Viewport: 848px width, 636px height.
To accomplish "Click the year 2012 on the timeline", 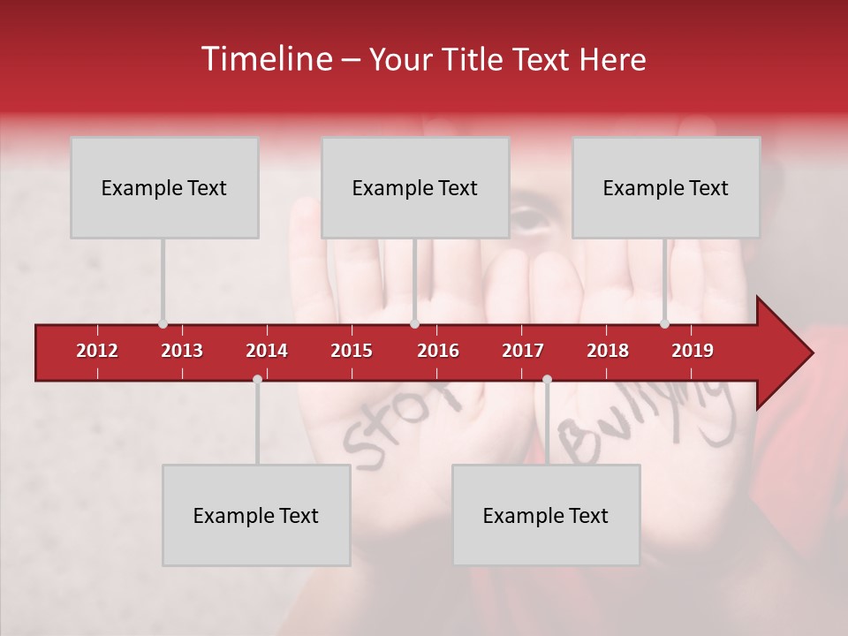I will click(97, 351).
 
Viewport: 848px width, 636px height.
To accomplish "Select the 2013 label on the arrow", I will click(182, 351).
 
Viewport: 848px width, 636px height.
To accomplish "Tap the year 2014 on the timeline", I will click(267, 351).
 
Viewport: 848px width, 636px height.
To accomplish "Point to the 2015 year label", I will click(352, 351).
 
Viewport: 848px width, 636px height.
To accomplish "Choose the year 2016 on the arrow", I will click(438, 351).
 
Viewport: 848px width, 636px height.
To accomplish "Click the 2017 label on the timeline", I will click(523, 351).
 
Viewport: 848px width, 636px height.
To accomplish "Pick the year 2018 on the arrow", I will click(608, 351).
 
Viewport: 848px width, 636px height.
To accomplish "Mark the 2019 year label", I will click(693, 351).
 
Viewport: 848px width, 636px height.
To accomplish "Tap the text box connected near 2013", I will click(164, 187).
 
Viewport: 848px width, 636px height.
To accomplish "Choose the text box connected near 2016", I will click(415, 187).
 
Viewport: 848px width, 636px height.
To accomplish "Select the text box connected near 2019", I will click(666, 187).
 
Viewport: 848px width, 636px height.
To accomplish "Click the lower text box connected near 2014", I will click(256, 515).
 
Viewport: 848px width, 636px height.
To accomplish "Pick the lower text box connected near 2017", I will click(546, 515).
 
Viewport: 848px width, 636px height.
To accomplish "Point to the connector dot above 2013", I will click(163, 324).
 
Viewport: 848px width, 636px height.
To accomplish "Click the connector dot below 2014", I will click(257, 379).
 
